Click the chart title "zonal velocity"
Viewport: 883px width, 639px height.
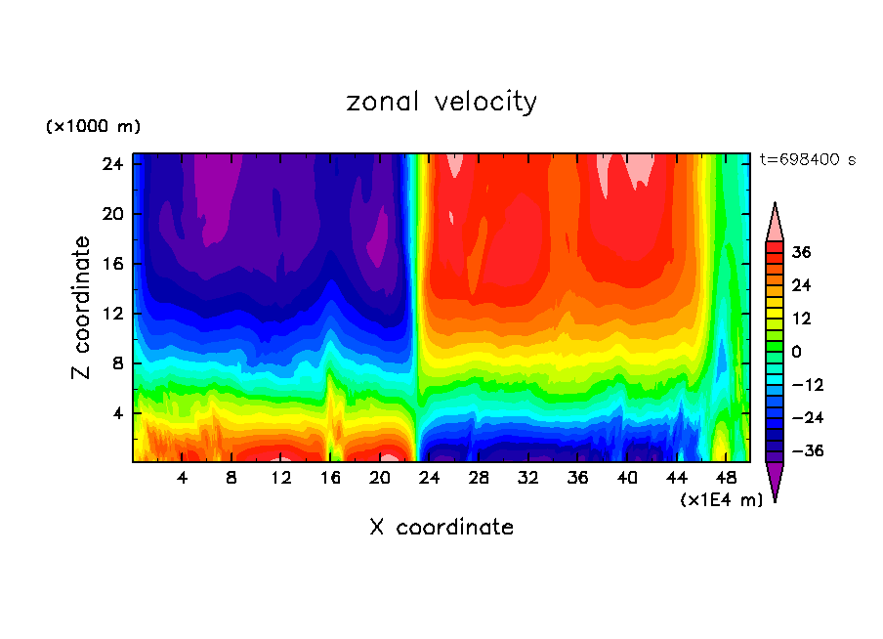click(441, 102)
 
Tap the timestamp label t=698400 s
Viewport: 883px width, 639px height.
click(807, 159)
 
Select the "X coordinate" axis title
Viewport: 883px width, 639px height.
click(441, 528)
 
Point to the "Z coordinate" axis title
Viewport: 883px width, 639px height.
click(82, 308)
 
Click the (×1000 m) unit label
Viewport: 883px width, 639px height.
click(94, 127)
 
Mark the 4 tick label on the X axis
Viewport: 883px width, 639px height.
click(182, 479)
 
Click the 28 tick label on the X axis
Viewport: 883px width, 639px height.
click(479, 479)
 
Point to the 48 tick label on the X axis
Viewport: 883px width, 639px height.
click(726, 479)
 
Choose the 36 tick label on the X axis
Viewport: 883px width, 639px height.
click(577, 479)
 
